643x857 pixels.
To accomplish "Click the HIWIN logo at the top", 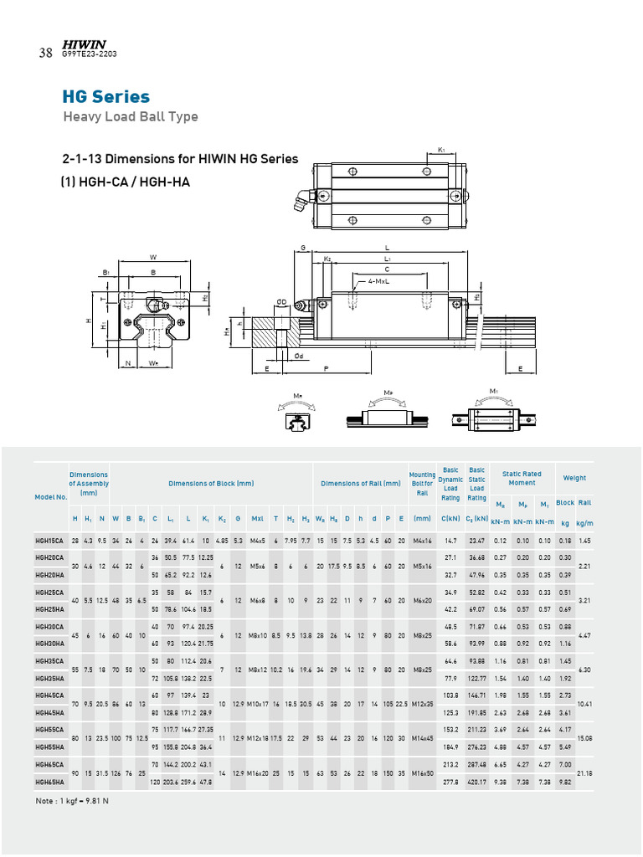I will point(82,44).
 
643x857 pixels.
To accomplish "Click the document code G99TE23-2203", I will point(89,54).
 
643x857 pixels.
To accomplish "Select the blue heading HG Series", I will point(105,97).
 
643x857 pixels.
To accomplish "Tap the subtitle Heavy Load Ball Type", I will point(131,116).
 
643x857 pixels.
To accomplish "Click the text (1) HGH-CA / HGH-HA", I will point(125,181).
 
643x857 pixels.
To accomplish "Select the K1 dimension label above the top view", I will point(441,151).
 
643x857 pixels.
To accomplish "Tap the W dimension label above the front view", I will point(152,257).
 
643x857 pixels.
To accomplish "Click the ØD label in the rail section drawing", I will point(282,301).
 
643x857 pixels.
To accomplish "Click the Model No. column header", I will point(50,496).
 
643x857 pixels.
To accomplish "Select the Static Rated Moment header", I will point(522,478).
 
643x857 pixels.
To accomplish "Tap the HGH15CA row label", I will point(49,541).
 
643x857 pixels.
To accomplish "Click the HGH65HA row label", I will point(49,782).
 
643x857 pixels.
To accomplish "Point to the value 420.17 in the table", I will point(476,782).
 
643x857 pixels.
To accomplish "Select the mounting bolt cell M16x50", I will point(422,773).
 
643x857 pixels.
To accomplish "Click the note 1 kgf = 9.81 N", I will point(73,801).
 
